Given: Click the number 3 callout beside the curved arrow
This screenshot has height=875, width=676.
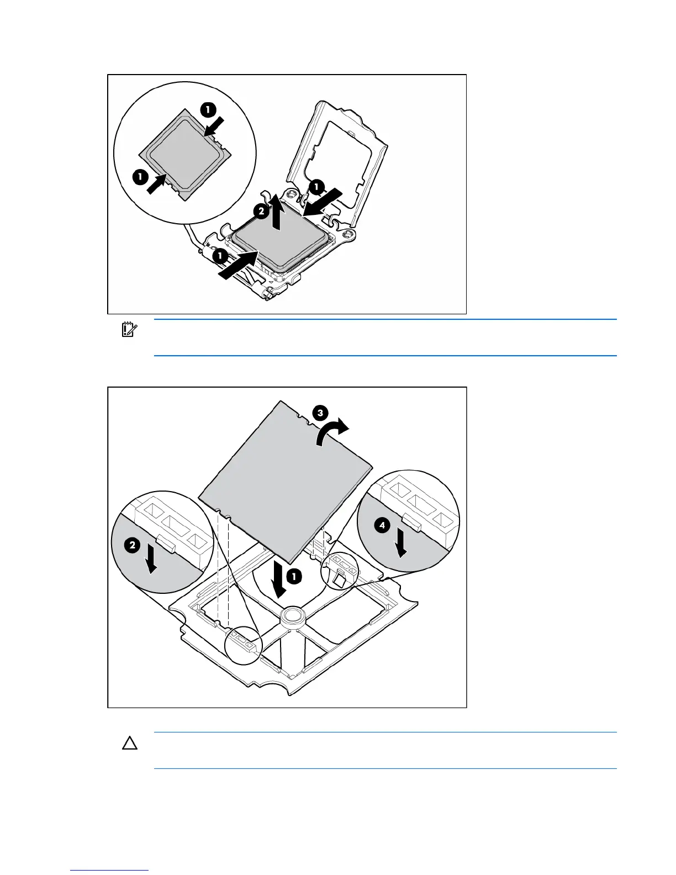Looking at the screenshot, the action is [320, 413].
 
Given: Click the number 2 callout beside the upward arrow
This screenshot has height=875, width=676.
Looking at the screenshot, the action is [261, 210].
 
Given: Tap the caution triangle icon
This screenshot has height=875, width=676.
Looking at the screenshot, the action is [130, 744].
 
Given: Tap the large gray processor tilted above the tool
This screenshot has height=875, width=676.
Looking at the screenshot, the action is [284, 481].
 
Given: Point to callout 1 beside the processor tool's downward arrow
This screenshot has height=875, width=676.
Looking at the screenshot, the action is [294, 577].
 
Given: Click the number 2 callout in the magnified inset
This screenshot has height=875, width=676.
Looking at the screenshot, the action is [132, 546].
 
